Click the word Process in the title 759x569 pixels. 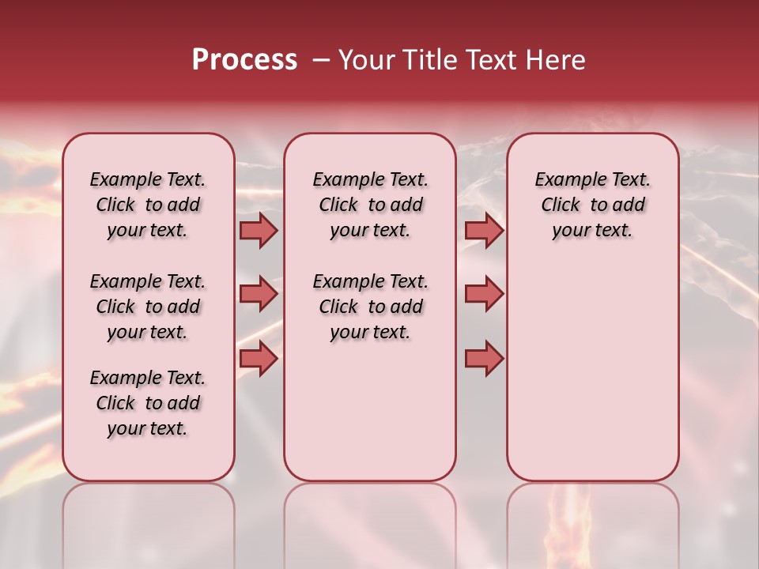(244, 60)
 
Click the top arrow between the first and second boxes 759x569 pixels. (259, 231)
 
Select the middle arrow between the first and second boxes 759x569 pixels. (259, 294)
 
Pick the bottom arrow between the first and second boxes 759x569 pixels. (259, 358)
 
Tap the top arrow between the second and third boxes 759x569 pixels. (484, 231)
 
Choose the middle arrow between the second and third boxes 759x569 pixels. (484, 294)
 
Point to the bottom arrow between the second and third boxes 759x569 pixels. (484, 358)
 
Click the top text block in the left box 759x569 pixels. (148, 205)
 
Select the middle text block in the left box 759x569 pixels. (148, 307)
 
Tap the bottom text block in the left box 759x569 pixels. (148, 403)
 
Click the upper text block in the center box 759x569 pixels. (370, 205)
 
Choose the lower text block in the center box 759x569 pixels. (370, 307)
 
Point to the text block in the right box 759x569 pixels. (592, 205)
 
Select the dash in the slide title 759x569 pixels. (321, 60)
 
